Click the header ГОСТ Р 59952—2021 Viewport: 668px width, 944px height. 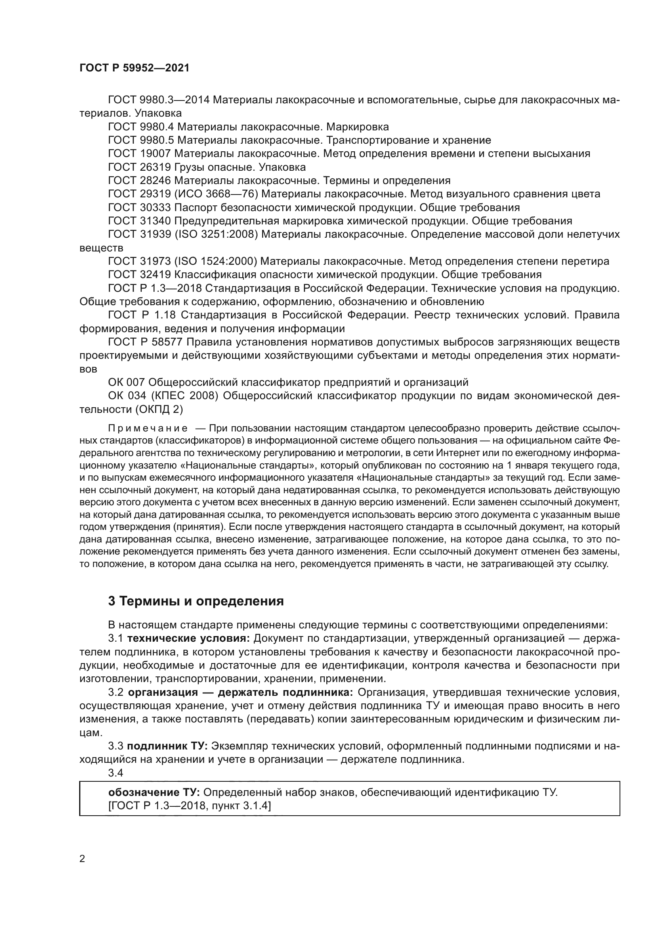[134, 68]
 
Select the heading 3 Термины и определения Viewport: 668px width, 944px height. [196, 601]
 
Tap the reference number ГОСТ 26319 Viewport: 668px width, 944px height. [139, 167]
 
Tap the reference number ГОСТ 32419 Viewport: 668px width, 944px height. [139, 275]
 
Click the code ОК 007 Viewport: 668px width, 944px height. [126, 382]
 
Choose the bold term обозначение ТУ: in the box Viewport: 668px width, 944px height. [154, 792]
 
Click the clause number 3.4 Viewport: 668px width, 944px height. [116, 773]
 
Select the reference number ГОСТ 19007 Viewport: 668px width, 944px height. [139, 154]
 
